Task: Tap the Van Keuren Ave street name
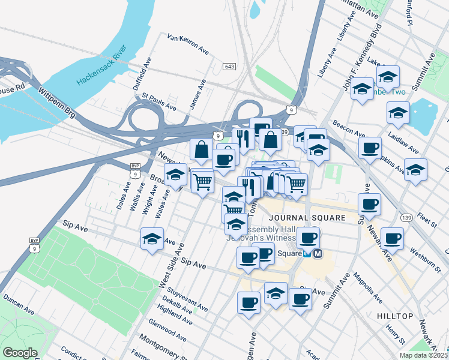[x=188, y=44]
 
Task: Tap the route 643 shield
[x=229, y=65]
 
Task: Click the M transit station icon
[x=318, y=254]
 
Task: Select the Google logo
[x=20, y=352]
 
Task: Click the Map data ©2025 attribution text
[x=424, y=355]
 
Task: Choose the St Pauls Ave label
[x=158, y=101]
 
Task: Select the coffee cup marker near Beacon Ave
[x=370, y=147]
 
